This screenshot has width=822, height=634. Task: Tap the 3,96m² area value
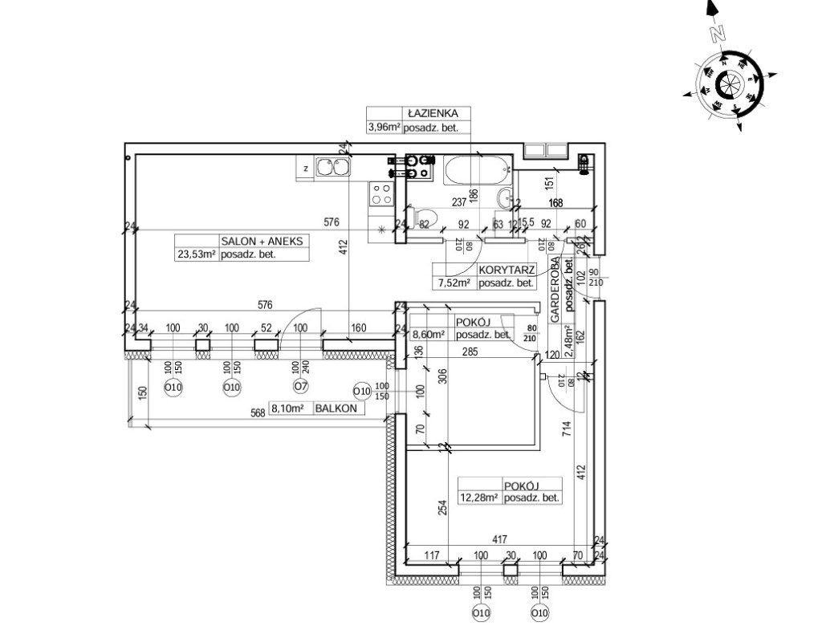384,127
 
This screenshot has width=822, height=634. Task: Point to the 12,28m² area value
478,498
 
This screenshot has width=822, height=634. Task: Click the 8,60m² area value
428,335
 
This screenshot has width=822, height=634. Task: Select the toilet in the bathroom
425,216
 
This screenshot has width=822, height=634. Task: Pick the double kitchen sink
332,167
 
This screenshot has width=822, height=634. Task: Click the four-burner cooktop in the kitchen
381,193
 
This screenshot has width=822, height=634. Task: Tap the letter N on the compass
717,34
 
